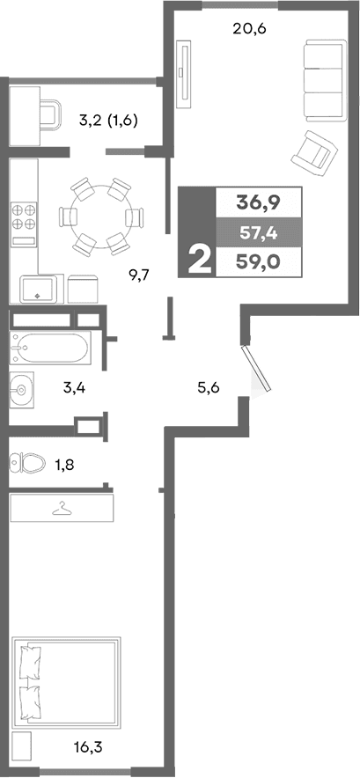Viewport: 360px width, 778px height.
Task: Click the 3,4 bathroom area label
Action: tap(75, 385)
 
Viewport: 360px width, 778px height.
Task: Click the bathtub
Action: tap(50, 349)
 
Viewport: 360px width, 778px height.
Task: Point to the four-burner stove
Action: tap(24, 217)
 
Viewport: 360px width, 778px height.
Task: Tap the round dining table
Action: tap(99, 214)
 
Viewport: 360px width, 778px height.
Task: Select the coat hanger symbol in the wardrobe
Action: tap(62, 508)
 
